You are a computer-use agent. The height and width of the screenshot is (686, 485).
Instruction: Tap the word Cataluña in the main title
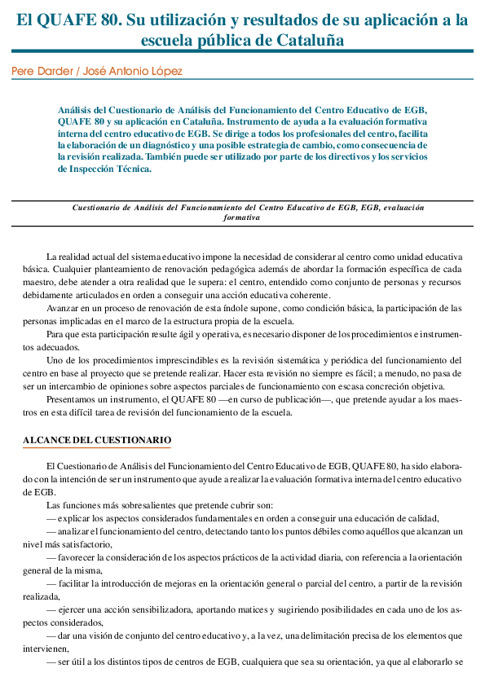point(303,39)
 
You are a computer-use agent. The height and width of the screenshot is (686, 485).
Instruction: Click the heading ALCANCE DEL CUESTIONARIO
point(96,440)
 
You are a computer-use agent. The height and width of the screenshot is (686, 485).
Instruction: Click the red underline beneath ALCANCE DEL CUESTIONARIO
point(96,448)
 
